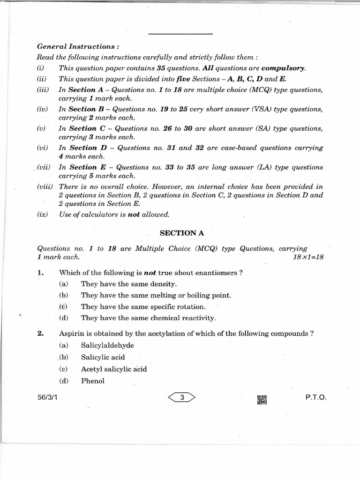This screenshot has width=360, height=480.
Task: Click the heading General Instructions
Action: (77, 47)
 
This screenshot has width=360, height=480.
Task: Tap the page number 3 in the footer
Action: (182, 398)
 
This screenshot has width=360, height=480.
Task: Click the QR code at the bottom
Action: (262, 400)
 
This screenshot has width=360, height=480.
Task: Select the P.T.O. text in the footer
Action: (315, 397)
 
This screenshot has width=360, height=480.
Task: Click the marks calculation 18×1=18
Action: (308, 257)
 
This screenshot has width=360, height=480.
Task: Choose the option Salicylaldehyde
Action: (107, 345)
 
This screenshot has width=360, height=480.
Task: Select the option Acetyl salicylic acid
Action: (114, 369)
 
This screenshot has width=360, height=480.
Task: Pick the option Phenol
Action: (93, 381)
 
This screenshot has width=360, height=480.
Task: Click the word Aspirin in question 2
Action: (70, 334)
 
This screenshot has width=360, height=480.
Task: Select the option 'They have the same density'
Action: (129, 284)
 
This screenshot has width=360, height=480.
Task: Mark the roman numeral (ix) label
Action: (42, 215)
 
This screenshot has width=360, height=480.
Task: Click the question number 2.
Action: (40, 334)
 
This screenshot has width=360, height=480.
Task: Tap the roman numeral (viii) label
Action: (45, 187)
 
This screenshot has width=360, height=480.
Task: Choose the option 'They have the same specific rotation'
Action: (143, 307)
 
